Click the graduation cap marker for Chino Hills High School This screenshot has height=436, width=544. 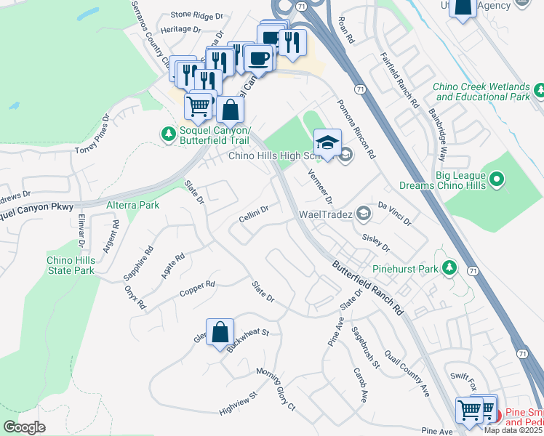(x=327, y=141)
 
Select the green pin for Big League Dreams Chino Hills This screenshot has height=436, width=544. (x=497, y=178)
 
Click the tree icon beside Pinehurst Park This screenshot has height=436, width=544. (x=449, y=268)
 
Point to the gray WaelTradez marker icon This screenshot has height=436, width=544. (x=364, y=214)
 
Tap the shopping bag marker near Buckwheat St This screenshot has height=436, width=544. (x=220, y=333)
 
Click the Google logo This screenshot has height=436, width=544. (x=24, y=427)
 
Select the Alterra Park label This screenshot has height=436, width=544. (x=132, y=206)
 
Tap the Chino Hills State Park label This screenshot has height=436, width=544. (x=71, y=265)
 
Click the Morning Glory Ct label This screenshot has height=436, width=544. (x=276, y=389)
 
